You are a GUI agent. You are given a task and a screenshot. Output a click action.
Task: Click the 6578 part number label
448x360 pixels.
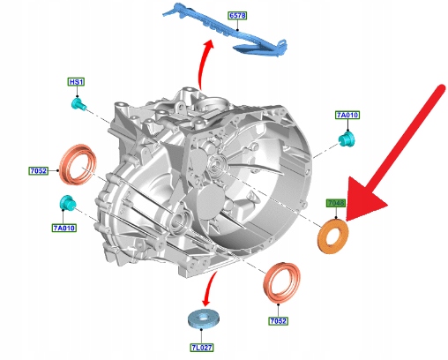click(237, 16)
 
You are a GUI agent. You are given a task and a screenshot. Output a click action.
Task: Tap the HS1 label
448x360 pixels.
click(76, 82)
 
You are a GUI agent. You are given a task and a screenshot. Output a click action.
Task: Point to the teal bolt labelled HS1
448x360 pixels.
click(78, 104)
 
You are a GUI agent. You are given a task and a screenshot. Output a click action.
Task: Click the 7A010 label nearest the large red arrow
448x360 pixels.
click(347, 115)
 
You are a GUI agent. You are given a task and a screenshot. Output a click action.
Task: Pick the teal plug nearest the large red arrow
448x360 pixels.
click(347, 139)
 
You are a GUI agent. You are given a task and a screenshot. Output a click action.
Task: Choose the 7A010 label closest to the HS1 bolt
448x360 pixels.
click(64, 228)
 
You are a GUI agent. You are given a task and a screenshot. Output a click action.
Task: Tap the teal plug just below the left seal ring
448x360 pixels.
click(68, 203)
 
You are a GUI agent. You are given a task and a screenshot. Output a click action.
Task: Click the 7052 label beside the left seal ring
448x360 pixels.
click(38, 171)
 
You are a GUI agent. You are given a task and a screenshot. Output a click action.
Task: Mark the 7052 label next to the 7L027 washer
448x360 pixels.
click(278, 321)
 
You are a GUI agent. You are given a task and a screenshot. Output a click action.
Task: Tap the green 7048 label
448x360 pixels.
click(336, 203)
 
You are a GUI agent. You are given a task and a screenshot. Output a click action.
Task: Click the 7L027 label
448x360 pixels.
click(202, 348)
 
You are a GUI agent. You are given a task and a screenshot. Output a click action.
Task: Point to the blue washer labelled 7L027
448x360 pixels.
click(204, 319)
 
